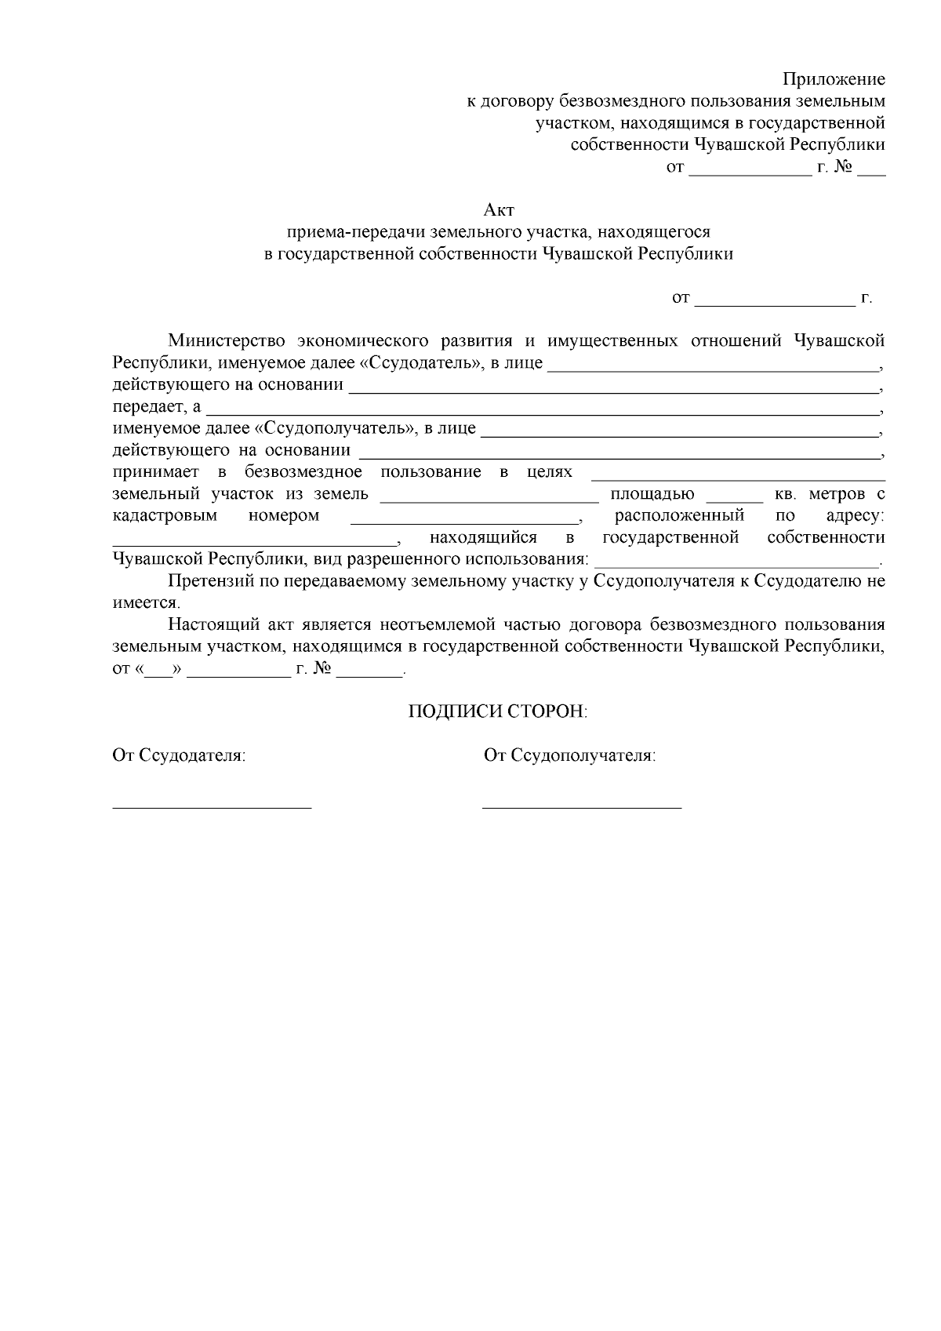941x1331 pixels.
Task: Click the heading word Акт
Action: pyautogui.click(x=499, y=210)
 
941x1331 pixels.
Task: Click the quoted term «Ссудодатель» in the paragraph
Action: pyautogui.click(x=417, y=363)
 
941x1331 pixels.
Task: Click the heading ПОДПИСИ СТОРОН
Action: pyautogui.click(x=497, y=711)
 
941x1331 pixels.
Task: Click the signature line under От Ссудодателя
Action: pyautogui.click(x=212, y=806)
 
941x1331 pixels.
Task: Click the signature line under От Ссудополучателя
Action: pyautogui.click(x=582, y=806)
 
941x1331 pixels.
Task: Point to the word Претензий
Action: pyautogui.click(x=207, y=581)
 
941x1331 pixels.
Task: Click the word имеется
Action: pyautogui.click(x=146, y=603)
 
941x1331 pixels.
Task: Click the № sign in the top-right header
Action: pyautogui.click(x=844, y=167)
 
